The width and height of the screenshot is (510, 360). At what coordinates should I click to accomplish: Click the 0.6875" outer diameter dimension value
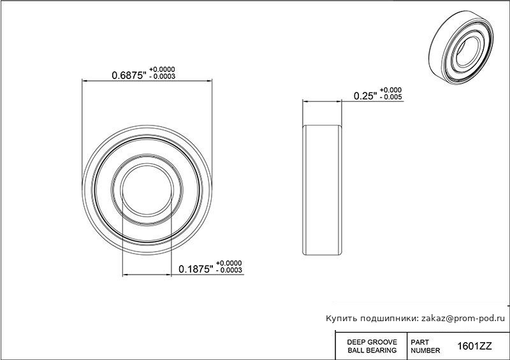point(129,75)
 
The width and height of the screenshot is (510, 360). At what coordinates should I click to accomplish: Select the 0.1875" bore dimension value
point(196,269)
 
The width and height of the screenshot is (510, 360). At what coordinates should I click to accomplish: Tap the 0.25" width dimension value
point(365,96)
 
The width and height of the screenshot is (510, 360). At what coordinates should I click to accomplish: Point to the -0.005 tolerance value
point(391,97)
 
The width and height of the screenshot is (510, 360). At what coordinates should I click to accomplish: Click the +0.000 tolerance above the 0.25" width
point(391,90)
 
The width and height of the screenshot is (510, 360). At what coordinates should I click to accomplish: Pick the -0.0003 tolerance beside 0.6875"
point(162,76)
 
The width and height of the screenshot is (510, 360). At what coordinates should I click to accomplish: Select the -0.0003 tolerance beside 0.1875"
point(229,270)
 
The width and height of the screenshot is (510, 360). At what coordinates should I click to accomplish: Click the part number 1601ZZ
point(474,346)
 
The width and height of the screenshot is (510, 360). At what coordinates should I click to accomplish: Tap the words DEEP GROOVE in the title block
point(372,342)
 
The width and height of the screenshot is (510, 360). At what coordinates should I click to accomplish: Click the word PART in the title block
point(420,342)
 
